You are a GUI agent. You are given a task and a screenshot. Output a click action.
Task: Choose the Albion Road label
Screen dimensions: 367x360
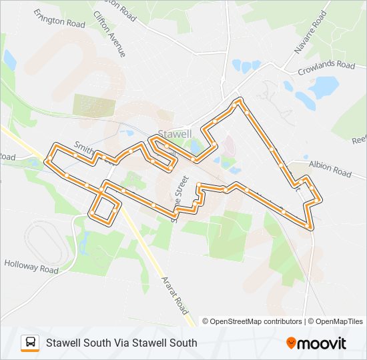(329, 169)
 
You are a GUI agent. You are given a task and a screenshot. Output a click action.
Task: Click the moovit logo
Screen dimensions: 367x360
(316, 343)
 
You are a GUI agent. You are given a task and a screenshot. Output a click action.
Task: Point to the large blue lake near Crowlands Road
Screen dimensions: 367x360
(324, 87)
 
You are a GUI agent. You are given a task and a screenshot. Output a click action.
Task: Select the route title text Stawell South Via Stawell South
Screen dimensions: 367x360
(121, 343)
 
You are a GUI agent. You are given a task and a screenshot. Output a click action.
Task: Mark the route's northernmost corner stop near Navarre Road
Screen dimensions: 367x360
(238, 101)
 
